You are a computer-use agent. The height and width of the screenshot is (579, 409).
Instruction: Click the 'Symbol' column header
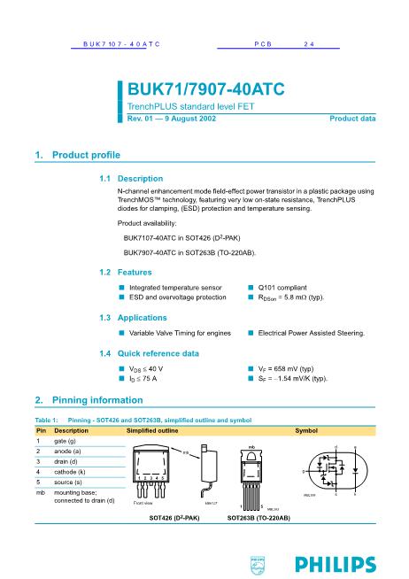point(306,429)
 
